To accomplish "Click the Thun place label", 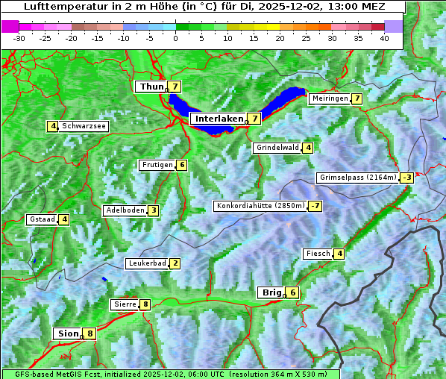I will pos(151,87).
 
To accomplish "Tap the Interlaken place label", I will pos(219,119).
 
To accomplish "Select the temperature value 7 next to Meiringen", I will pos(357,98).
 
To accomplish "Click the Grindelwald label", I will pos(277,148).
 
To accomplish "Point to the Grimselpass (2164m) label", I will pos(357,178).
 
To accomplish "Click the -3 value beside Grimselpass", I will pos(406,178).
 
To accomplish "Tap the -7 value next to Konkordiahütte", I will pos(315,206).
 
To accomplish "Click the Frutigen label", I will pos(157,165).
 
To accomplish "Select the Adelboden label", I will pos(124,210).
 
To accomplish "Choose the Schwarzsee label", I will pos(84,126).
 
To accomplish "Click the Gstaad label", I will pos(41,219).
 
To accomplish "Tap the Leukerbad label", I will pos(146,263).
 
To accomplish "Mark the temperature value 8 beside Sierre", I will pos(145,304).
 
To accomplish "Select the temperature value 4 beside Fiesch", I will pos(339,254).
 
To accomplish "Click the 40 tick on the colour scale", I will pos(384,37).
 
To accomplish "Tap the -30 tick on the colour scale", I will pos(19,37).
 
